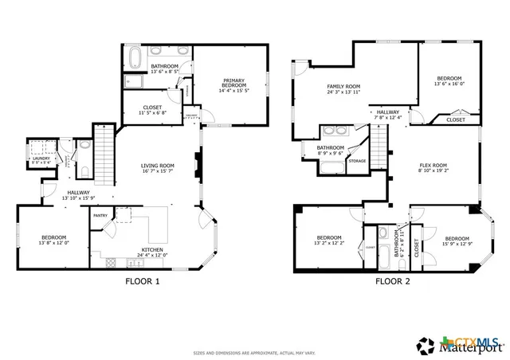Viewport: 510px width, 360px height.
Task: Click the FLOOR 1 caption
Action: coord(143,281)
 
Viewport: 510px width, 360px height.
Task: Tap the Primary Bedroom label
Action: coord(233,82)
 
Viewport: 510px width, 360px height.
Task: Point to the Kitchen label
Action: coord(154,249)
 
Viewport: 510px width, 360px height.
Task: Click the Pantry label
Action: coord(101,215)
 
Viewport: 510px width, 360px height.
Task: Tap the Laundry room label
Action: coord(40,158)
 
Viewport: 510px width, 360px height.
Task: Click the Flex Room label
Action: coord(434,165)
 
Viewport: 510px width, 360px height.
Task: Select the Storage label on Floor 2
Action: coord(357,161)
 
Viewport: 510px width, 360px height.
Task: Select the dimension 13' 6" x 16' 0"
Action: coord(449,84)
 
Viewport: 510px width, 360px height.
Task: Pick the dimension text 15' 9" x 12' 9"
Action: coord(457,244)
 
